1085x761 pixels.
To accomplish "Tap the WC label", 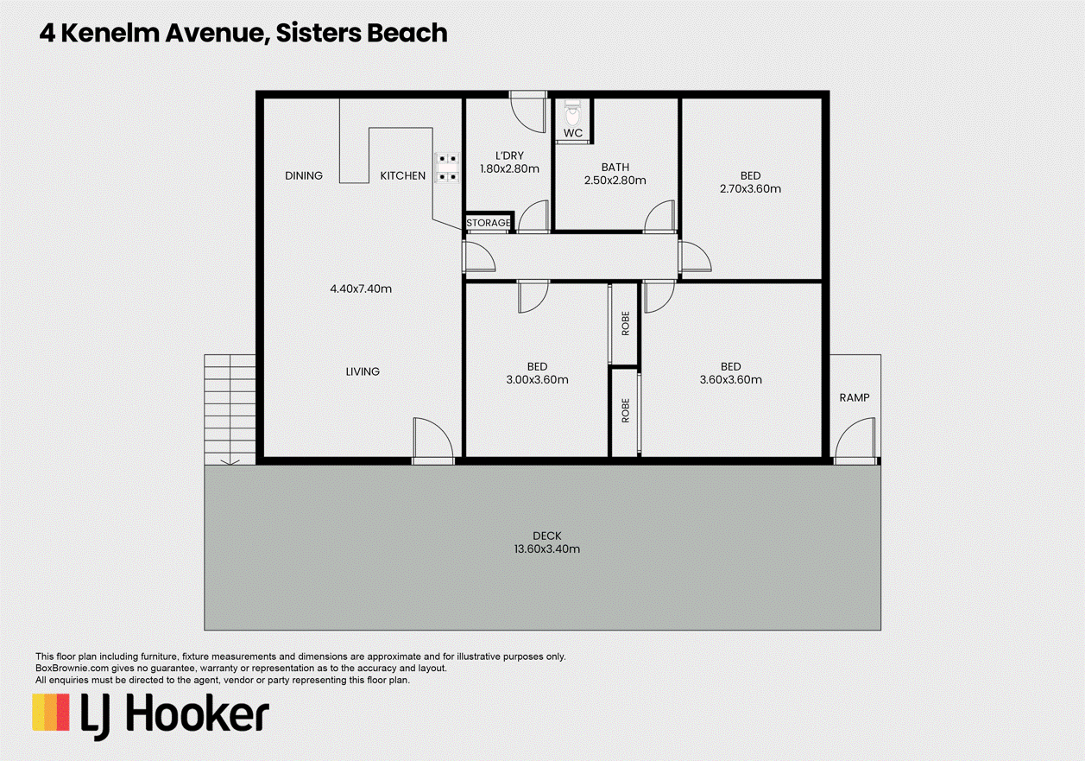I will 573,133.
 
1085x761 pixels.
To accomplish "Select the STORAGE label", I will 489,223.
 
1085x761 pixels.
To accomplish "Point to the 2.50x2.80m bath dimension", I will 615,181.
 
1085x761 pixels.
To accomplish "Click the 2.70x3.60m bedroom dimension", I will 750,188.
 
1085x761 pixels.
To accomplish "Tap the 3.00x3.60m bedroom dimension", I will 537,379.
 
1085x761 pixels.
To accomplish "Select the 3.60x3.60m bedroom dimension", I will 730,379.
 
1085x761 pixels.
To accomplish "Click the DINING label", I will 304,175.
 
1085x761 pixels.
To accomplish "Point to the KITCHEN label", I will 403,175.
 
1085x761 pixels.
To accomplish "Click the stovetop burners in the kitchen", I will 446,168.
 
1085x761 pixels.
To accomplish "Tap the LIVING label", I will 363,371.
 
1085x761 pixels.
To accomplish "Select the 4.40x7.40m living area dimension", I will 361,289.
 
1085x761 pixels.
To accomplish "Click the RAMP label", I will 855,397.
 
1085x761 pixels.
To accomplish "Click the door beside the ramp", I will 855,440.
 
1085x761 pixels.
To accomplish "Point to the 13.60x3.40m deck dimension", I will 546,549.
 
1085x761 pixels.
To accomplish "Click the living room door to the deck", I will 432,441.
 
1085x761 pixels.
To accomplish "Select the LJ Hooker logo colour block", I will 51,713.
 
